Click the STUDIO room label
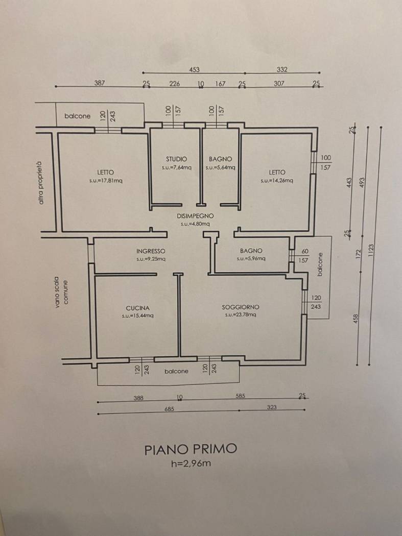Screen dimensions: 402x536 click(177, 159)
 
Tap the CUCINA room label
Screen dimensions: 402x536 click(137, 308)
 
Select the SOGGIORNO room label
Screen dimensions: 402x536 click(241, 307)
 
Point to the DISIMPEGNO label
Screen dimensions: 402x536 click(195, 216)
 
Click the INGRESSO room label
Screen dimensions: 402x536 click(151, 251)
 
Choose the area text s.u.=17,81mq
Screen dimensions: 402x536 click(106, 181)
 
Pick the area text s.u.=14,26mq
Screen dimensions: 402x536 click(276, 181)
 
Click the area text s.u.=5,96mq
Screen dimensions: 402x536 click(251, 258)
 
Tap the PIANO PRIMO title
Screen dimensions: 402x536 click(191, 449)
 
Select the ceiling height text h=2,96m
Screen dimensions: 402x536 click(191, 464)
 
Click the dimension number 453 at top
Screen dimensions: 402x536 click(194, 69)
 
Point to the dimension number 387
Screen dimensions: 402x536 click(100, 83)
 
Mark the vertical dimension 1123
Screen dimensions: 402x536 click(371, 251)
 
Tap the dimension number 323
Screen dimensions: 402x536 click(272, 407)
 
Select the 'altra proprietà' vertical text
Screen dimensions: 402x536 click(41, 183)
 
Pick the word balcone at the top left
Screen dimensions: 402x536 click(77, 116)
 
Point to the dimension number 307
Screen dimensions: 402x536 click(279, 83)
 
